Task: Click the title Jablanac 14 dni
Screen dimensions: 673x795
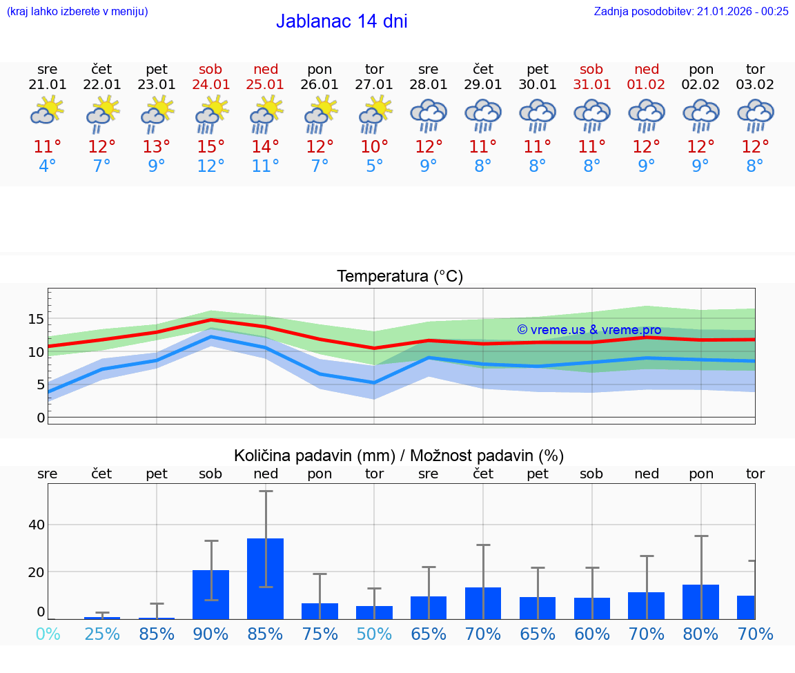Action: coord(342,21)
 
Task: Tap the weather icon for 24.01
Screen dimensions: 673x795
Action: coord(211,114)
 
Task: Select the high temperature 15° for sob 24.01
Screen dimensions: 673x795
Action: coord(211,147)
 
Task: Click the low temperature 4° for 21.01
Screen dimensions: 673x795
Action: coord(48,166)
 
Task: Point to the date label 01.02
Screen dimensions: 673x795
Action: coord(647,85)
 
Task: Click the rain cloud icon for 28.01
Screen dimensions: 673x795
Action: coord(429,114)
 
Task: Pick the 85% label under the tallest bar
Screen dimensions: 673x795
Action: coord(266,634)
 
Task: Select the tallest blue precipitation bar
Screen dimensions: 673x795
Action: coord(266,578)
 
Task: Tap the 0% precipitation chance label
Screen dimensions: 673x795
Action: coord(48,634)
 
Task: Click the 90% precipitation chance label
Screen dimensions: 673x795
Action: coord(211,634)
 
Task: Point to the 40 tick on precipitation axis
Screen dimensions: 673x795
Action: coord(36,525)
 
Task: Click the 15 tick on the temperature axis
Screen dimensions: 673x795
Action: coord(36,319)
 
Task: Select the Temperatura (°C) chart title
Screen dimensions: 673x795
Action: coord(400,277)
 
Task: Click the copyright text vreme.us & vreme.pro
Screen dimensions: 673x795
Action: coord(589,330)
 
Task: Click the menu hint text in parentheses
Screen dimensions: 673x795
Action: coord(77,11)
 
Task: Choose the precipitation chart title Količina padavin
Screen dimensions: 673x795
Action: coord(399,456)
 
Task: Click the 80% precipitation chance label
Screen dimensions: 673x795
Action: coord(701,634)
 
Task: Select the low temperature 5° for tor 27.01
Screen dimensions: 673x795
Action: coord(374,166)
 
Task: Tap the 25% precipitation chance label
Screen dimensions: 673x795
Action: coord(102,634)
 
